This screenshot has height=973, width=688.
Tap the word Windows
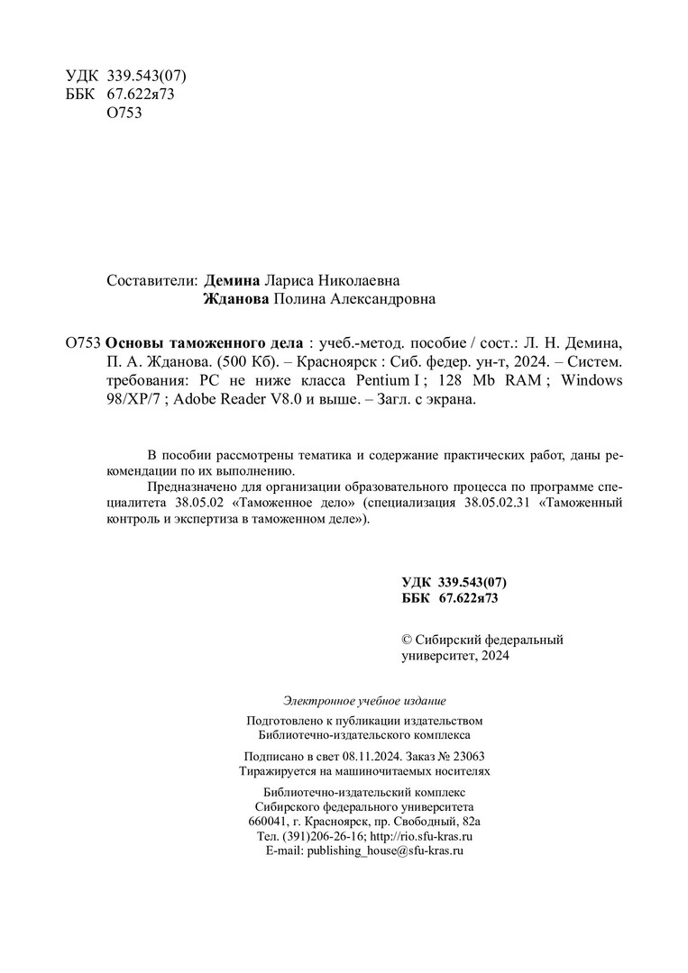point(592,380)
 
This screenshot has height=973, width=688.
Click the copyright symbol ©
point(406,640)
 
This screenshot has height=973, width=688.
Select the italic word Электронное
point(322,700)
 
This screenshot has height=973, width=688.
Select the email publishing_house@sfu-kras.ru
point(385,850)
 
